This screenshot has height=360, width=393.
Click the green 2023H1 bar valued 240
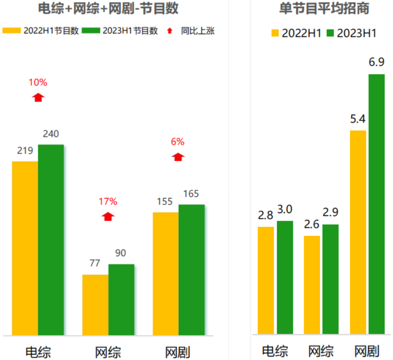51,239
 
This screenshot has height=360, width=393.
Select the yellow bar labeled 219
25,248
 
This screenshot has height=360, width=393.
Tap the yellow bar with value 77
95,304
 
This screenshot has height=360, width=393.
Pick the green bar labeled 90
121,299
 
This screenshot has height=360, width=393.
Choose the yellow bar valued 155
165,273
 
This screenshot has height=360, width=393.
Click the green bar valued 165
191,270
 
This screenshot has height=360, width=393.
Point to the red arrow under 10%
38,97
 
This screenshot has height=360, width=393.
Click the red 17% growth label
108,202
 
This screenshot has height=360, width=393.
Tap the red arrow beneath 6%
178,157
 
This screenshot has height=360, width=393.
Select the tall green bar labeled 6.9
376,204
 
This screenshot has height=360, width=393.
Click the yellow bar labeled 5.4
358,232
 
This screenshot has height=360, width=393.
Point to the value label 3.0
285,209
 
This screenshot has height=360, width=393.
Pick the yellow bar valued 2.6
312,285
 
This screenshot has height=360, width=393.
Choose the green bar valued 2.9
330,279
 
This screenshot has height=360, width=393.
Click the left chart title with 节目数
111,8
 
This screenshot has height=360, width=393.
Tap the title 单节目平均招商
324,8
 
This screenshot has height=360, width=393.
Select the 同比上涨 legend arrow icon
169,31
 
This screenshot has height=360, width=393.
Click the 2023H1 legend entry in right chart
351,33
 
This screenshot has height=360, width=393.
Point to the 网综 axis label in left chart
108,352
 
